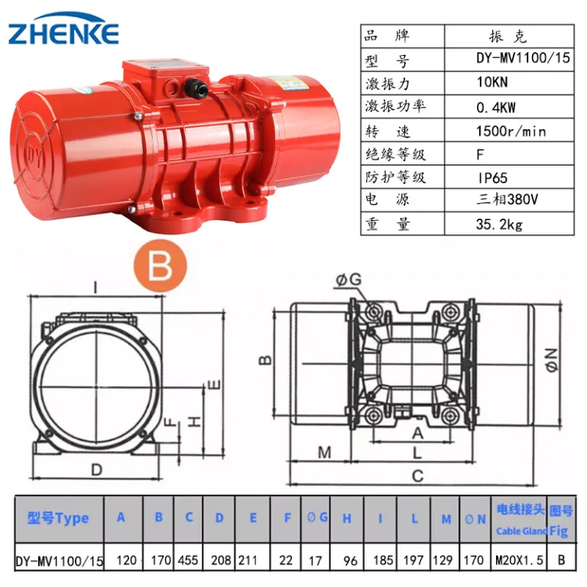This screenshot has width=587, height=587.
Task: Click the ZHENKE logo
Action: coord(63,29)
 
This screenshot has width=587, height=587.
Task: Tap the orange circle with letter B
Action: coord(161,265)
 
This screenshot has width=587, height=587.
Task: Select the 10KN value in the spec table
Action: coord(492,82)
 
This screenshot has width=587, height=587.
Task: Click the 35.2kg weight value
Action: coord(499,224)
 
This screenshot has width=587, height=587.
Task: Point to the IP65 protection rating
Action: coord(493,177)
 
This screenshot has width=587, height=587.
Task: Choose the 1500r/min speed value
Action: coord(511,131)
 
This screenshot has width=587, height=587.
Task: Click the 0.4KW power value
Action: coord(496,108)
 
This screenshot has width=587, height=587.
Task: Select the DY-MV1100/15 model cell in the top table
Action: coord(523,57)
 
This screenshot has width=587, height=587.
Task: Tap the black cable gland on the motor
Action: coord(196,86)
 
